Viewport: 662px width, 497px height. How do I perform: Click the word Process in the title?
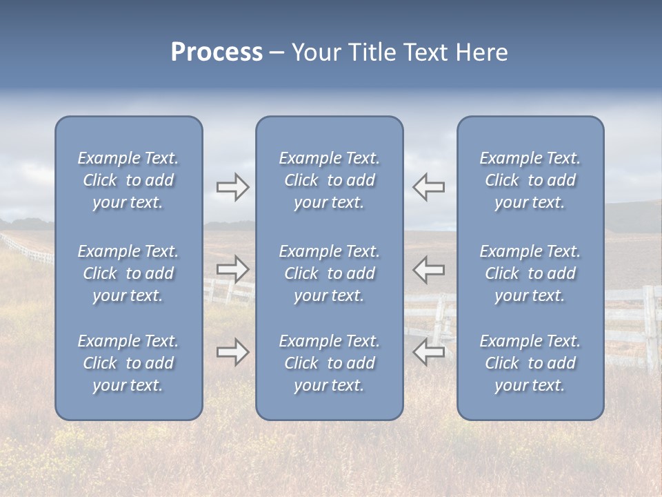point(217,52)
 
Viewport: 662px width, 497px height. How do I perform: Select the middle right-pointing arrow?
point(232,269)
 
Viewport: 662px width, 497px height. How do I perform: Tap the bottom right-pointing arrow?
point(232,352)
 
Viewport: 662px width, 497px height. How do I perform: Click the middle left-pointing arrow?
point(428,269)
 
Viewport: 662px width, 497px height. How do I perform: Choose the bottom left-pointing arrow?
point(428,352)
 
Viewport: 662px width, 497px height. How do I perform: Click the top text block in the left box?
point(128,180)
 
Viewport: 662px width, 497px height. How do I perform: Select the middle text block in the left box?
point(128,273)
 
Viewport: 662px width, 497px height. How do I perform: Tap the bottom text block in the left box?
point(128,363)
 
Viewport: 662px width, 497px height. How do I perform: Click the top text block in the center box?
point(329,180)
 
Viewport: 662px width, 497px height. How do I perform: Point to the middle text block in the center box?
point(329,273)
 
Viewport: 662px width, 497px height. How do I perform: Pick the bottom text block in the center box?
point(329,363)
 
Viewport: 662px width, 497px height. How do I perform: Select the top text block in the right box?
point(530,180)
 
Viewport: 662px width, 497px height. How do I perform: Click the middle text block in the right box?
point(530,273)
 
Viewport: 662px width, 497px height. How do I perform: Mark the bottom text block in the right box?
point(530,363)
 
